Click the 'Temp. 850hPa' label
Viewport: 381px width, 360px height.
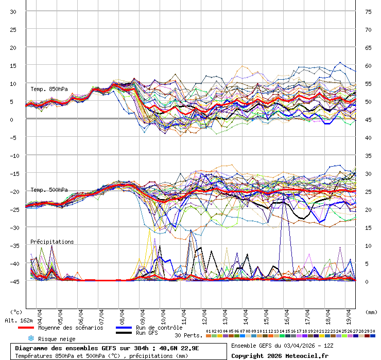click(49, 89)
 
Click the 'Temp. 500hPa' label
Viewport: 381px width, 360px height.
click(49, 190)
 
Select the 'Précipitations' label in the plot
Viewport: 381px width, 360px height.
click(52, 242)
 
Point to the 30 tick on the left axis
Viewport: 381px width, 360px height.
click(13, 11)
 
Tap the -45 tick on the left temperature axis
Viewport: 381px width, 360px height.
click(13, 281)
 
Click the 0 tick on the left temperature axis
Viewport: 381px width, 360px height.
click(13, 119)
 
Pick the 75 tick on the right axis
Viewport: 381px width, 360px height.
click(369, 11)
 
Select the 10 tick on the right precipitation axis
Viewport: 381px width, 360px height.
click(369, 245)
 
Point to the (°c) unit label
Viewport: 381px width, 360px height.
click(16, 312)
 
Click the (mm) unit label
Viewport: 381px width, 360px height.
click(371, 312)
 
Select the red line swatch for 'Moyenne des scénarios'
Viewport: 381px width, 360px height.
click(25, 328)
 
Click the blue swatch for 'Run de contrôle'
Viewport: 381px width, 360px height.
click(123, 328)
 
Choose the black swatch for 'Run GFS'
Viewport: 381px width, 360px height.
click(123, 333)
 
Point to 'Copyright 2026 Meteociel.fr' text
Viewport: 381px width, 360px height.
click(280, 355)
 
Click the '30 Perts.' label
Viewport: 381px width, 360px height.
click(188, 335)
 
